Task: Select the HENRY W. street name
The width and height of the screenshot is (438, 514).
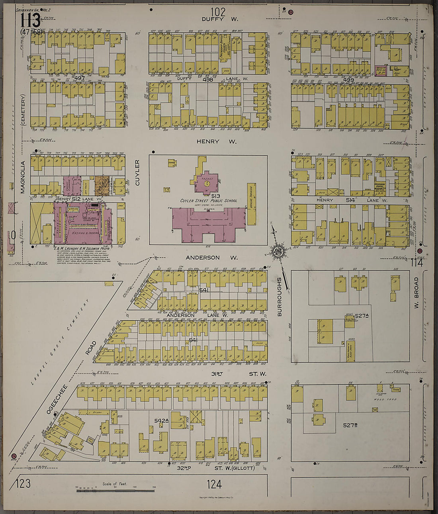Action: [216, 141]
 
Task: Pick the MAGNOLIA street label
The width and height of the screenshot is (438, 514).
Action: [23, 177]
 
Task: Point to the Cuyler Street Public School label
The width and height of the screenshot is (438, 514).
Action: [208, 201]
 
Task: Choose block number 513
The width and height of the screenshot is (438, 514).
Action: [216, 196]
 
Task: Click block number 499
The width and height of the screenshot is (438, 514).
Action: [348, 80]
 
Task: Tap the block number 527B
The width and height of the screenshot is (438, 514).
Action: [350, 425]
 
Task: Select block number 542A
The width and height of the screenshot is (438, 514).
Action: [162, 420]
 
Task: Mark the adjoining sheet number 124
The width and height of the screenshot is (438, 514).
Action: [214, 484]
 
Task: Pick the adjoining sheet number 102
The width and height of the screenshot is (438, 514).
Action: [218, 12]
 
